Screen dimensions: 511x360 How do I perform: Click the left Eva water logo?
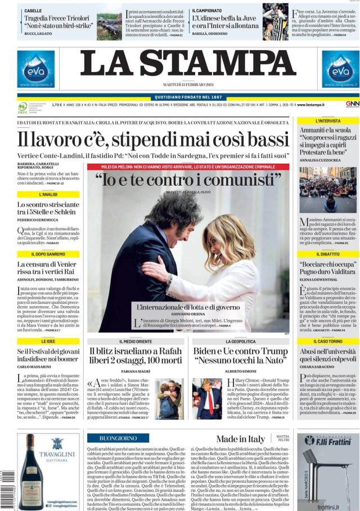(35, 69)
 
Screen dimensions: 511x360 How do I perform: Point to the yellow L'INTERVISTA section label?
(328, 121)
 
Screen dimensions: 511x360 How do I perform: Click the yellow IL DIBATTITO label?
(328, 254)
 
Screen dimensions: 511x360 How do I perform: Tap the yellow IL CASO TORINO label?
(328, 342)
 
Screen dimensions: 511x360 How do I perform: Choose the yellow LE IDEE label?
(48, 342)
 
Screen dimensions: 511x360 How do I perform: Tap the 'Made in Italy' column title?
(240, 439)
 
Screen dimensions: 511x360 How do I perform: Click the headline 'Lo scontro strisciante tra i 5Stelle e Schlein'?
(48, 208)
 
